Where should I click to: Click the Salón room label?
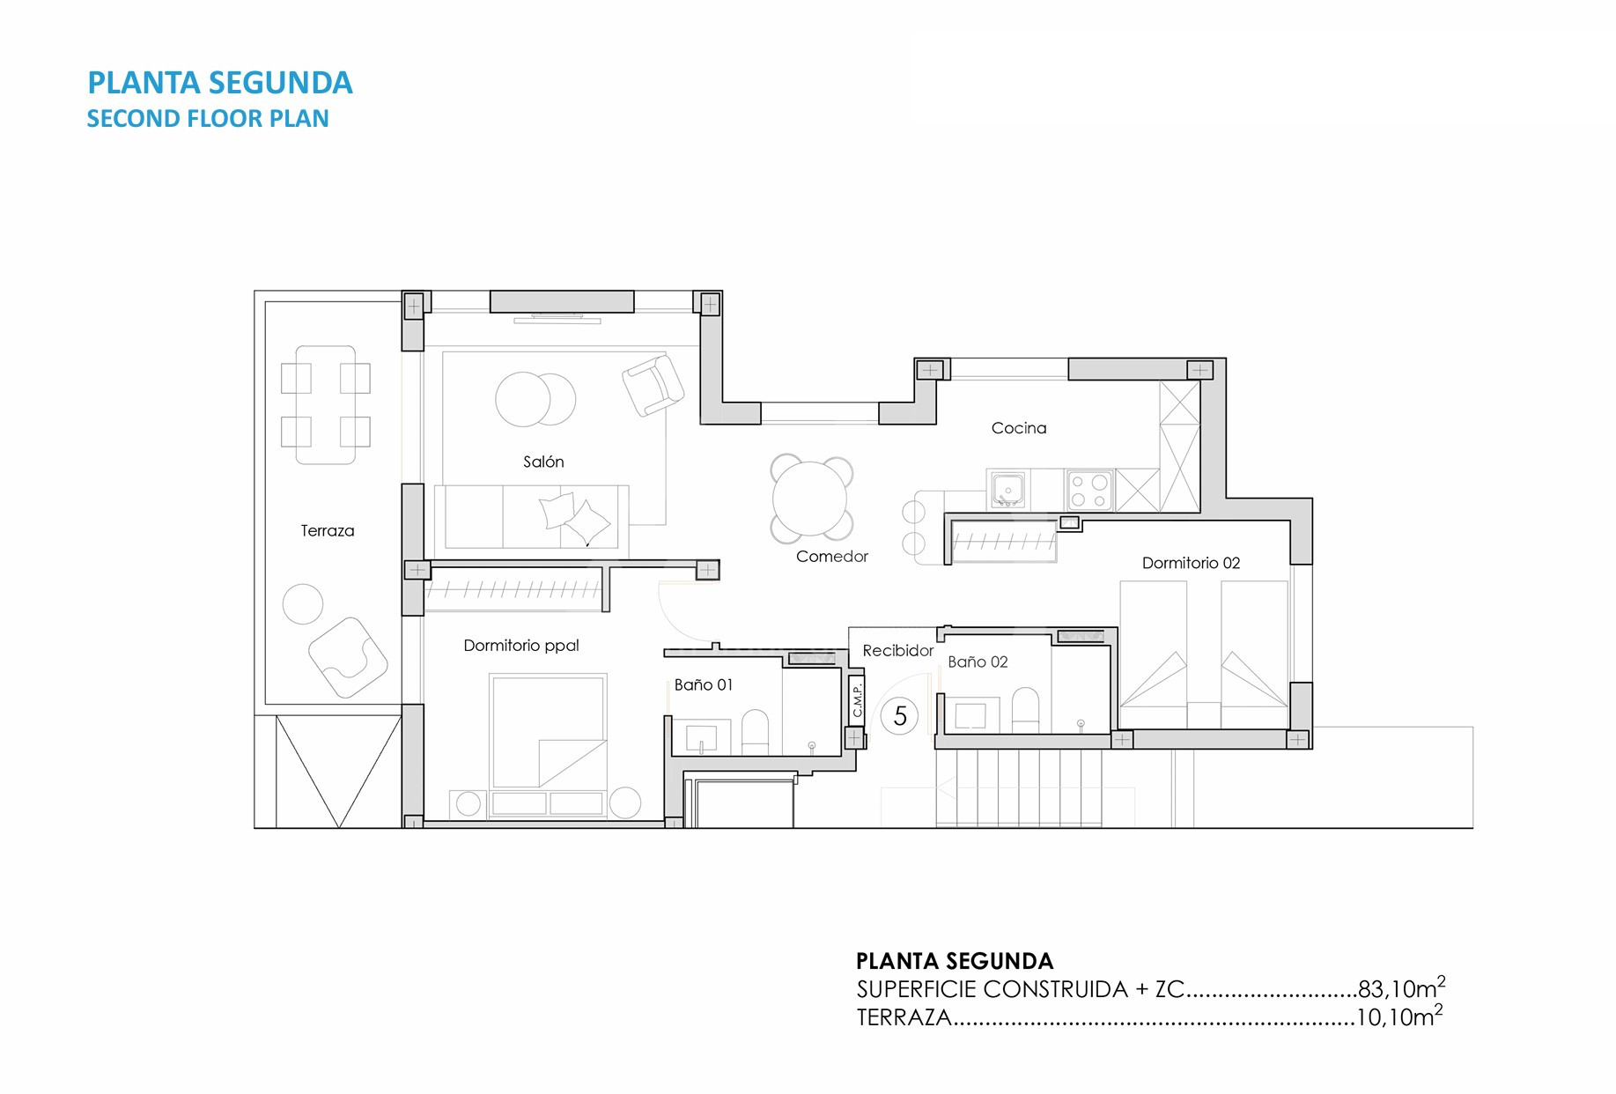[543, 462]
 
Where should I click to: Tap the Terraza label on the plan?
[328, 530]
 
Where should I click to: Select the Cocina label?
[1019, 428]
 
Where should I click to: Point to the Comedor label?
[832, 557]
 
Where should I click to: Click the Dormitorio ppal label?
[521, 646]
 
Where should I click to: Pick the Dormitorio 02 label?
[1191, 563]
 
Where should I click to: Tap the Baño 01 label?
[704, 684]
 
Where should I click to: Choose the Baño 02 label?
[978, 662]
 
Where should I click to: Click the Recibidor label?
[898, 651]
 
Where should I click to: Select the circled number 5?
[900, 716]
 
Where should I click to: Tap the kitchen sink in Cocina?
[1007, 490]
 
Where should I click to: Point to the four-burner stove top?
[1089, 492]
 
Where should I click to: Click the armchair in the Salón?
[653, 385]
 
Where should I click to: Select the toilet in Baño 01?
[756, 733]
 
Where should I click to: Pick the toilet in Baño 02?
[1025, 710]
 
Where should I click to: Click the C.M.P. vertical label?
[857, 700]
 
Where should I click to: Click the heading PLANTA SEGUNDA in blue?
[220, 83]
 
